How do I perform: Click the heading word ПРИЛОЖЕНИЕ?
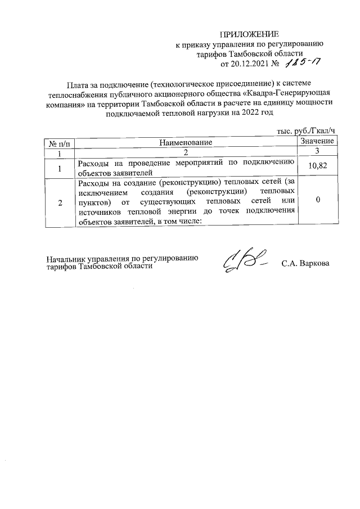(x=249, y=34)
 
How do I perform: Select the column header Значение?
(x=318, y=141)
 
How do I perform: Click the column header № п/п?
(x=59, y=142)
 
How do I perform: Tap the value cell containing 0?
(x=318, y=200)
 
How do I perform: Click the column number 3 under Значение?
(x=318, y=151)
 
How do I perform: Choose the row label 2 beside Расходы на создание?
(x=59, y=202)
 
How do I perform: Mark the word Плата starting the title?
(x=78, y=84)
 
